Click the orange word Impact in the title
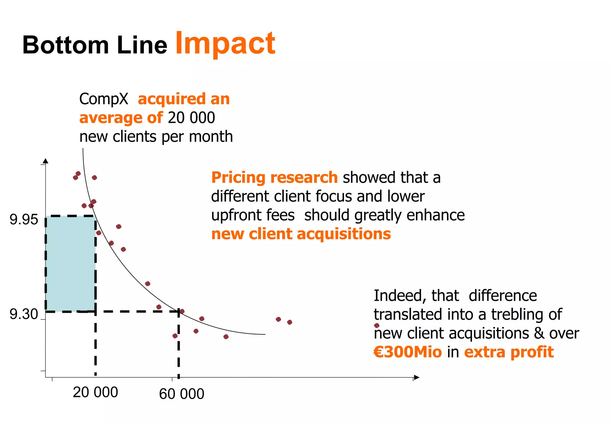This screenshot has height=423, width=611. coord(225,44)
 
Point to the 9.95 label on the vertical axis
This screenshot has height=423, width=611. coord(24,220)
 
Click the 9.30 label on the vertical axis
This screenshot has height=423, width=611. coord(24,314)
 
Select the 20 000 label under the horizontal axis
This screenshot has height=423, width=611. coord(95,392)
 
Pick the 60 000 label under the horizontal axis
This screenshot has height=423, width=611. coord(181,394)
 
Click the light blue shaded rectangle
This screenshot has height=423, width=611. coord(71,263)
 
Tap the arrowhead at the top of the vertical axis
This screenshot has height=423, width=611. coord(45,161)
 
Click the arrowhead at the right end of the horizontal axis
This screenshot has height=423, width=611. coord(417,378)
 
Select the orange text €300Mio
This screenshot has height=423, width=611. coord(408,352)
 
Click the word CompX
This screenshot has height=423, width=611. coord(104,99)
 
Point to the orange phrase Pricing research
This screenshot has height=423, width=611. coord(274,177)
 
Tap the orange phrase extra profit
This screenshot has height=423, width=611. coord(509,352)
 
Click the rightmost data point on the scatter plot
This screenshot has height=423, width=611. coord(377,325)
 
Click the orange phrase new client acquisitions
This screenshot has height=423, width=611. coord(301,234)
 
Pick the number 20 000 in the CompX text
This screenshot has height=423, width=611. coord(191,118)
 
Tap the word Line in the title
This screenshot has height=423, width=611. coord(142,45)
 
